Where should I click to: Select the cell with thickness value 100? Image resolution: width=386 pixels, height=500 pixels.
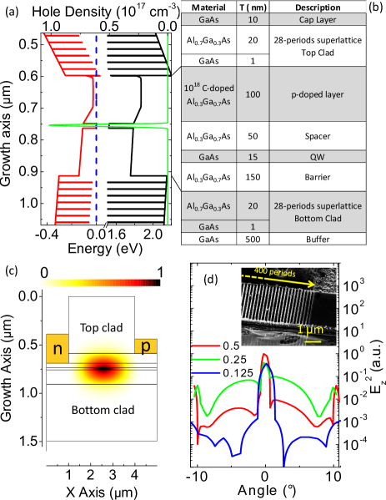tap(253, 94)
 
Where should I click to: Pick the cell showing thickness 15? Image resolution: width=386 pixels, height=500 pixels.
tap(253, 156)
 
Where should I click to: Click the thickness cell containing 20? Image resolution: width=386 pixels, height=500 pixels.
tap(253, 205)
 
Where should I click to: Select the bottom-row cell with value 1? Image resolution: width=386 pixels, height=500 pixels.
tap(253, 226)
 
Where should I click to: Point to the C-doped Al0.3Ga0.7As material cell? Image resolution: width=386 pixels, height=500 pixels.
tap(209, 94)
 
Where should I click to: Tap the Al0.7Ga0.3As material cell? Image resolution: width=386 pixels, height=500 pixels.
tap(209, 205)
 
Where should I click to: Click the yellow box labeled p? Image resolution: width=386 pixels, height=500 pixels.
tap(145, 345)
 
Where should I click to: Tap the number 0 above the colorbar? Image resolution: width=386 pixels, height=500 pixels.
tap(43, 272)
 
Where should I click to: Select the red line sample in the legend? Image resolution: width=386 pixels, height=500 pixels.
tap(206, 345)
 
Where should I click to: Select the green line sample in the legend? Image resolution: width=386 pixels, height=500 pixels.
tap(206, 359)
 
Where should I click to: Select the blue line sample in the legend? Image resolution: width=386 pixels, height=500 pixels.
tap(206, 372)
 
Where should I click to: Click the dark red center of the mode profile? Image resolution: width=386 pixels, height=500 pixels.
tap(103, 366)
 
